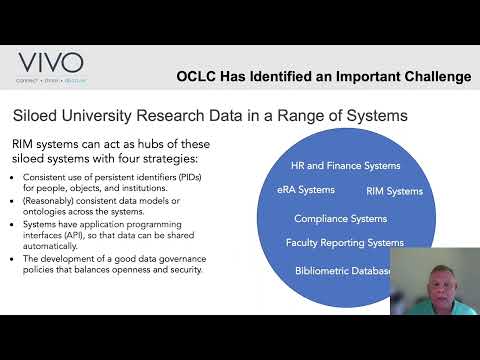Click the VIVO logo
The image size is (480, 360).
[49, 63]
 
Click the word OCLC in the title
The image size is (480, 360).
[197, 76]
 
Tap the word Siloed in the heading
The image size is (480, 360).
[36, 116]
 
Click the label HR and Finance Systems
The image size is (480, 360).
[345, 166]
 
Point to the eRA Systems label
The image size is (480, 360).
[305, 189]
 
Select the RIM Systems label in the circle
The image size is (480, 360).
[395, 191]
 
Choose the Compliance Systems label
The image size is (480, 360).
[340, 217]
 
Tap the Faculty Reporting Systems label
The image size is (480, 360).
[345, 243]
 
